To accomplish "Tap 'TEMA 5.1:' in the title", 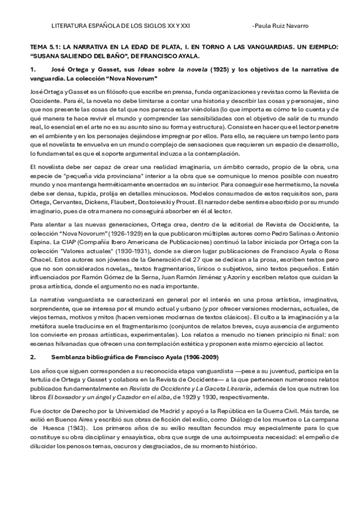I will coord(43,46).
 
